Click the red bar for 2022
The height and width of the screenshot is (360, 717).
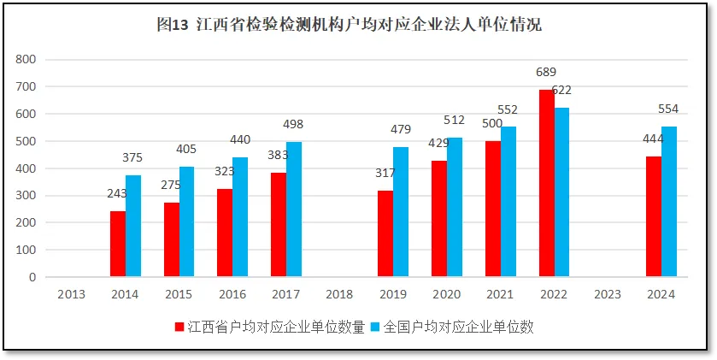[x=546, y=183]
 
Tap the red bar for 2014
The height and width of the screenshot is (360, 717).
[x=118, y=244]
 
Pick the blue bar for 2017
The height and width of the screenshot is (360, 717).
[x=294, y=210]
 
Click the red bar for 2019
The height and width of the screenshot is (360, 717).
[x=385, y=233]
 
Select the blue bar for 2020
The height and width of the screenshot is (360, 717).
[x=455, y=208]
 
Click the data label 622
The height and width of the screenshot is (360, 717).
[x=561, y=91]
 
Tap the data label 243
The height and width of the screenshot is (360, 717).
[x=116, y=193]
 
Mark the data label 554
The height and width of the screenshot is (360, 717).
[x=668, y=109]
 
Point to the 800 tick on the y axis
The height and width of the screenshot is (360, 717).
[x=26, y=59]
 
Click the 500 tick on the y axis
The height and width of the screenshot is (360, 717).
[x=26, y=141]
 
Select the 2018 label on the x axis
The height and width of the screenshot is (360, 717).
[x=339, y=294]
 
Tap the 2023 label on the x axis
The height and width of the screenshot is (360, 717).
[x=607, y=294]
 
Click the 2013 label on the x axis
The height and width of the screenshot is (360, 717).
[x=72, y=294]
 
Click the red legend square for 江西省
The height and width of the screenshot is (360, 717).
[x=179, y=327]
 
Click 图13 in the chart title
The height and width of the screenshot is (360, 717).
[x=174, y=26]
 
